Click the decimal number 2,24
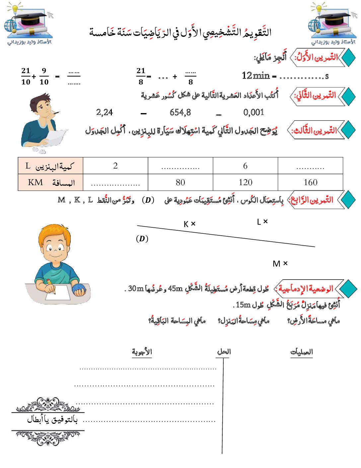point(105,112)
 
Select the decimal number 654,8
point(180,112)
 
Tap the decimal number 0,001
point(253,112)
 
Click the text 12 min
point(255,76)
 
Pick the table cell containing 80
point(180,182)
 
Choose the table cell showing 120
point(245,182)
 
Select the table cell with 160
point(310,182)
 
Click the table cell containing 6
point(245,166)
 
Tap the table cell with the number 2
point(115,166)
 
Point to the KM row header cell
point(50,182)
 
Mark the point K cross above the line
point(193,224)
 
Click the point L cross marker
point(265,221)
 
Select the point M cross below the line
point(285,263)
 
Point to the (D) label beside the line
point(142,239)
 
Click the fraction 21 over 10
point(26,76)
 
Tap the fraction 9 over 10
point(44,76)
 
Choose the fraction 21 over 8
point(141,76)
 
